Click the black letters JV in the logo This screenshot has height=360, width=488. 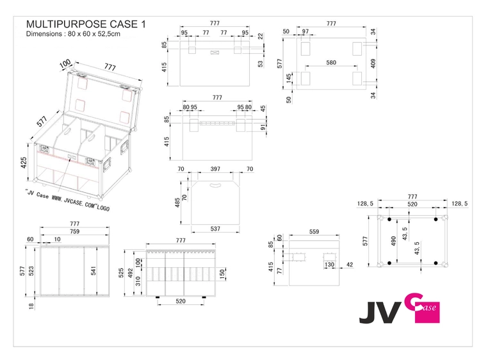pyautogui.click(x=378, y=311)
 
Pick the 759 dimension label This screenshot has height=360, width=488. pyautogui.click(x=74, y=231)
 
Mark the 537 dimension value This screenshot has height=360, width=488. pyautogui.click(x=216, y=229)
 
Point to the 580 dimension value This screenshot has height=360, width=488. pyautogui.click(x=330, y=63)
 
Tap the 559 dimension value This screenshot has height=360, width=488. pyautogui.click(x=314, y=232)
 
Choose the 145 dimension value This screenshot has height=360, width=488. pyautogui.click(x=289, y=78)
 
